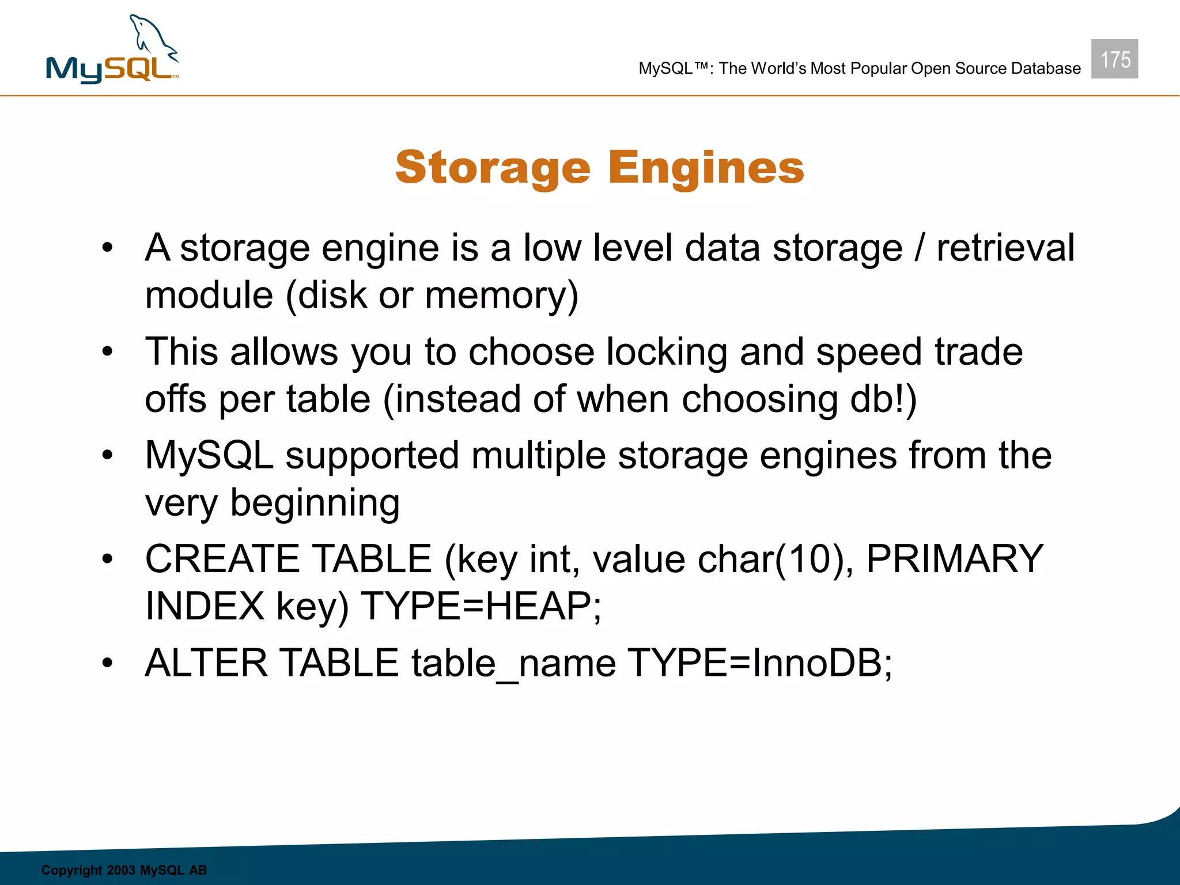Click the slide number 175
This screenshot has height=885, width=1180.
tap(1114, 59)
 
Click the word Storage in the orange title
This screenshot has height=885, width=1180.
tap(493, 168)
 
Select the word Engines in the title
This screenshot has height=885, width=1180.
tap(706, 168)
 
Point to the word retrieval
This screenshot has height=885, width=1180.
tap(1005, 248)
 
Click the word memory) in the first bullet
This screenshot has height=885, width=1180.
tap(501, 295)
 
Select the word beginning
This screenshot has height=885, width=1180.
tap(315, 503)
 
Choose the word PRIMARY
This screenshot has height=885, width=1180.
tap(955, 559)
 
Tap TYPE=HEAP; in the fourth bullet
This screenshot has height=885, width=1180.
tap(481, 606)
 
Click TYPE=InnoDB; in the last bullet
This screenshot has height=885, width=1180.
tap(759, 663)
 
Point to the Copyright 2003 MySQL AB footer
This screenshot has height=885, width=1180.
tap(124, 870)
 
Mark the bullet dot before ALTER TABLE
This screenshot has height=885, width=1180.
tap(107, 663)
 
